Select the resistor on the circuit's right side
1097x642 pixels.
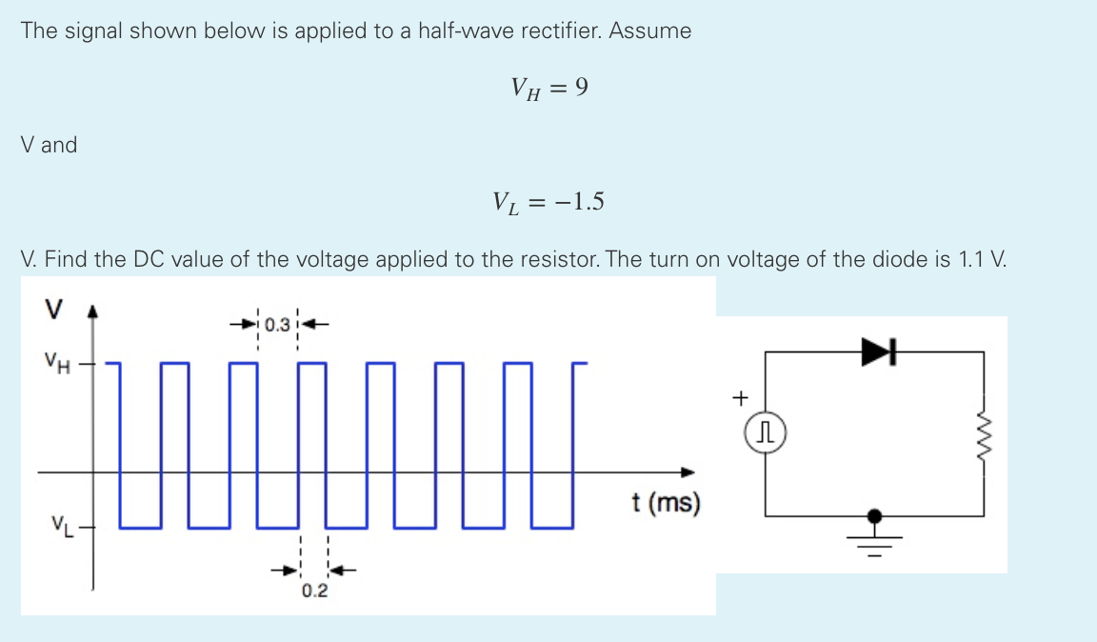984,432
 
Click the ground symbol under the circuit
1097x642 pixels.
874,533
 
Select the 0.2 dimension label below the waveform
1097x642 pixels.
314,592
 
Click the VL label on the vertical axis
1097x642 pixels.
60,525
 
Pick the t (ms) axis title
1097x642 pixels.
666,502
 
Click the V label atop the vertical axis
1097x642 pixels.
53,310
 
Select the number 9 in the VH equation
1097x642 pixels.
581,89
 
